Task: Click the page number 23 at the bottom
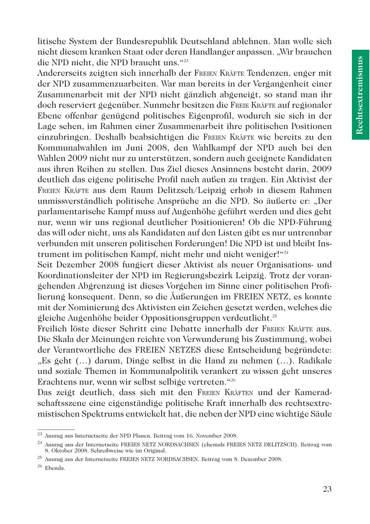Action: (x=327, y=489)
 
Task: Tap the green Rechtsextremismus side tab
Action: (x=360, y=95)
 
